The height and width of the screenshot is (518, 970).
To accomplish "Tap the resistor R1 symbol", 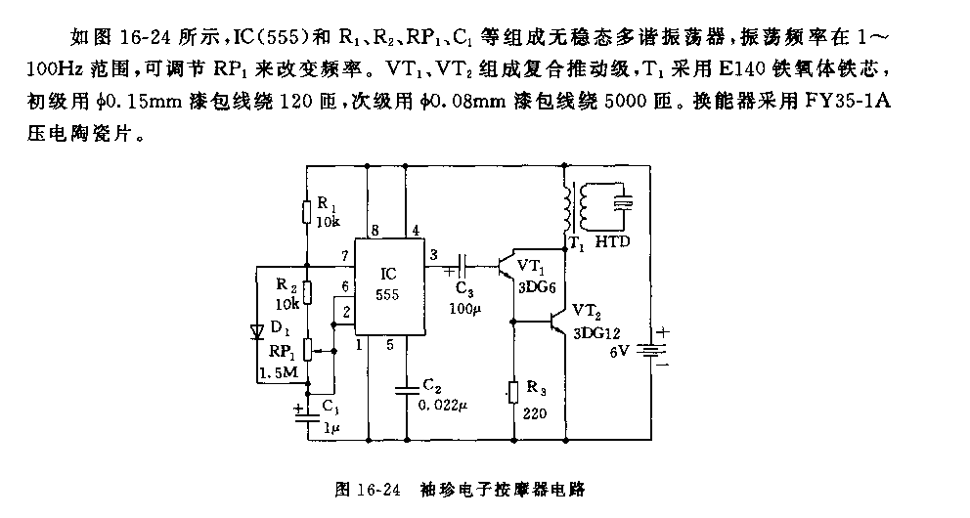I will point(306,212).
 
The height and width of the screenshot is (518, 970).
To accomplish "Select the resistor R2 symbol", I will point(306,291).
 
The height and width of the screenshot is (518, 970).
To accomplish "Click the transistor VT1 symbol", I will point(506,266).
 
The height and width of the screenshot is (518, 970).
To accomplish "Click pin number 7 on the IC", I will point(344,256).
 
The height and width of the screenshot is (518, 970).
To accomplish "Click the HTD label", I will point(612,241).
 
